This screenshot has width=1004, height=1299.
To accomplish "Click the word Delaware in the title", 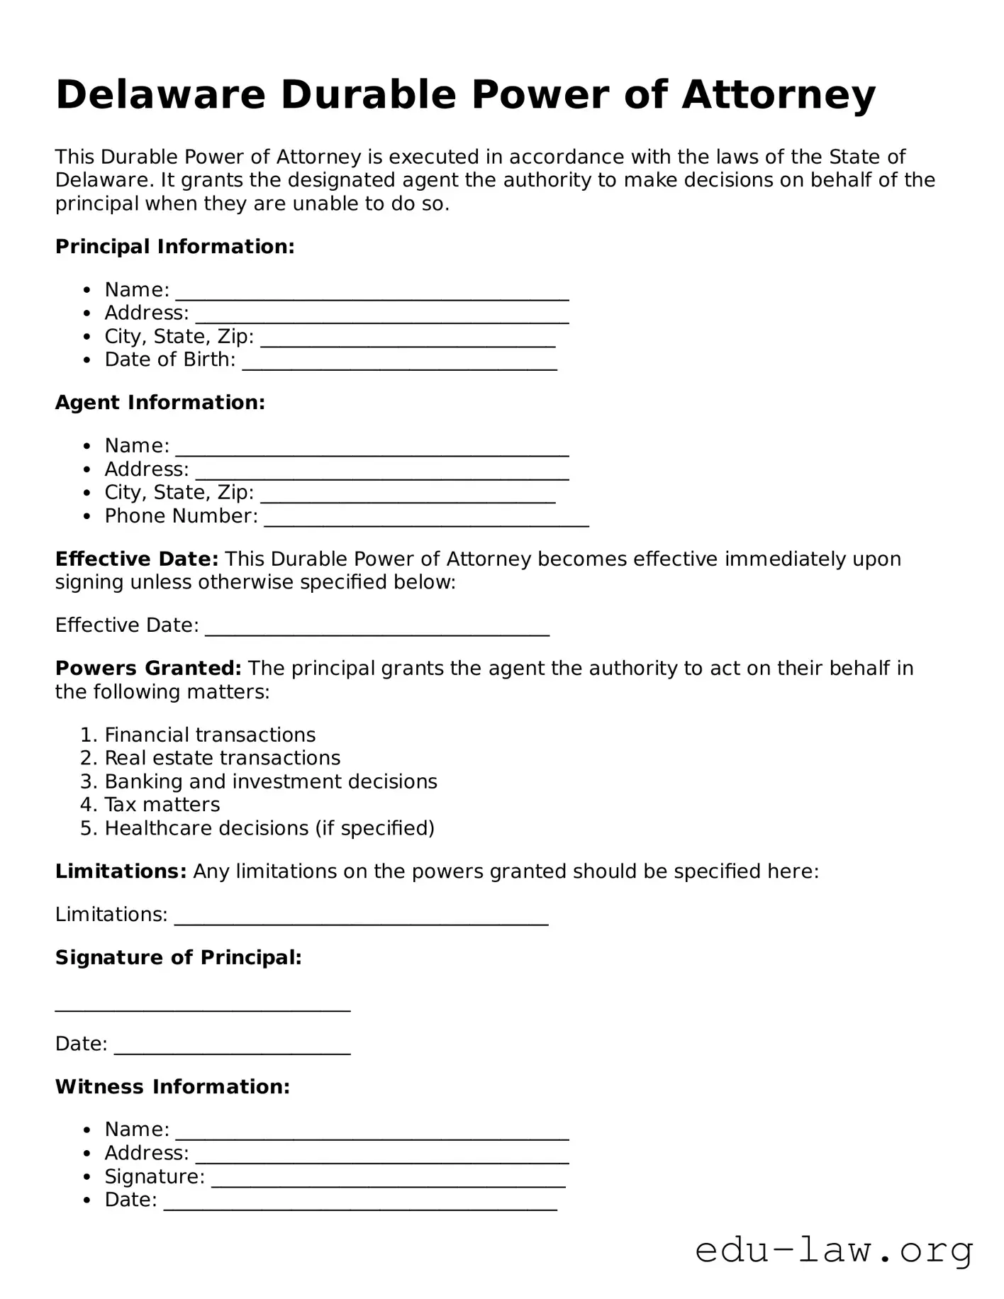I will point(160,94).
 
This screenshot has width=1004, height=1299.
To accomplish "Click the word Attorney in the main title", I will point(779,94).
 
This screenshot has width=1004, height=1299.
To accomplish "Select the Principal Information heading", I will point(174,247).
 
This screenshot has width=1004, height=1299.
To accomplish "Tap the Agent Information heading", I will point(160,403).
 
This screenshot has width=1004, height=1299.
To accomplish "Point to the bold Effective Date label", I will point(137,559).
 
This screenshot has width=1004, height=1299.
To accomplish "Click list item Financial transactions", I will point(210,735).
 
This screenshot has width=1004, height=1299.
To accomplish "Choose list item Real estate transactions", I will point(222,758).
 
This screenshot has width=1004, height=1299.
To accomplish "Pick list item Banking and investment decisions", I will point(271,781).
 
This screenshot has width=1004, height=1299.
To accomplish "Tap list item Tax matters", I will point(162,805).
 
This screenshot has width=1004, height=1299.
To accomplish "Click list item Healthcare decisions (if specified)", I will point(269,828).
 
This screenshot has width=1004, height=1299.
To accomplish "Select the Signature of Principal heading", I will point(179,958).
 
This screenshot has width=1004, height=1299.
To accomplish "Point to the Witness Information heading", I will point(172,1087).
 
